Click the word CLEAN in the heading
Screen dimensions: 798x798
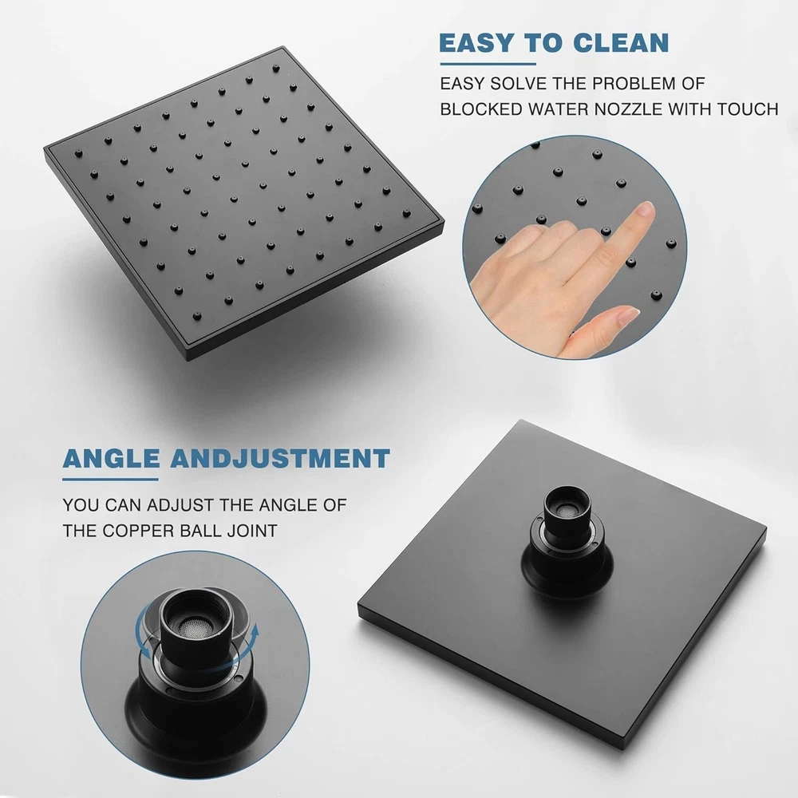tap(621, 43)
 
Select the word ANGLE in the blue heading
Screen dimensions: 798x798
tap(111, 458)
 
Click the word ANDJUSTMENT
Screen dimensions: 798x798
tap(280, 458)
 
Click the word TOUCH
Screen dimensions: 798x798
tap(748, 109)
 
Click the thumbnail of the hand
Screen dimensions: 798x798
tap(628, 316)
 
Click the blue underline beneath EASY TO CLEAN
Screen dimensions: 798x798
tap(488, 64)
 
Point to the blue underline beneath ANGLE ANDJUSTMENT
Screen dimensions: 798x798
tap(110, 479)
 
